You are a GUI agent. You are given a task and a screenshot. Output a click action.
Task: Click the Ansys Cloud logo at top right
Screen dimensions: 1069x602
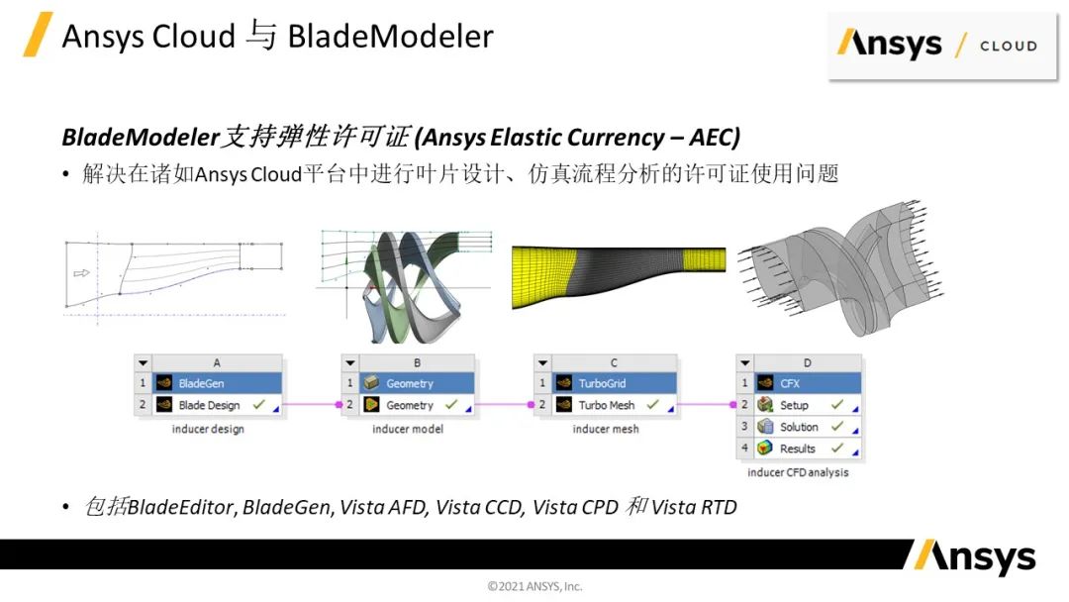(941, 45)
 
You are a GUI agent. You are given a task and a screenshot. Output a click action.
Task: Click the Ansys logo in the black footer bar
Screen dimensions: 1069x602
(975, 556)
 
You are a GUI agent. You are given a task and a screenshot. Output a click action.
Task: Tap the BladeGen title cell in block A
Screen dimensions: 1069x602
(216, 383)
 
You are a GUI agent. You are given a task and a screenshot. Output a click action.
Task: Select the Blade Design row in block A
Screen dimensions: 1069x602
(216, 405)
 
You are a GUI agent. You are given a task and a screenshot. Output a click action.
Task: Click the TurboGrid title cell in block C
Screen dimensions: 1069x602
(614, 383)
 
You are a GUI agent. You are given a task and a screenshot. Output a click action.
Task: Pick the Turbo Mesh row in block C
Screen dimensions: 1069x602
(614, 405)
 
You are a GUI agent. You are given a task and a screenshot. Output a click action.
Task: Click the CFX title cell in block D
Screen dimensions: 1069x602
(808, 383)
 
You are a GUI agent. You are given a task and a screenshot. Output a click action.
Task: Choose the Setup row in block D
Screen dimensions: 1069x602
(808, 405)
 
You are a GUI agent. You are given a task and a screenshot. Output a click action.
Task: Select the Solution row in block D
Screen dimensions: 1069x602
(808, 427)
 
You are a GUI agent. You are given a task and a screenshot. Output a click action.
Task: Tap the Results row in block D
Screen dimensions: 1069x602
(808, 449)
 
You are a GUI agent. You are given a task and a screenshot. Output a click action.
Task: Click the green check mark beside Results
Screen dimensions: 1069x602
(837, 448)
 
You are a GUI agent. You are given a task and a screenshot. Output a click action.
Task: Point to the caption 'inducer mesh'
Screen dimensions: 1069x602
(606, 429)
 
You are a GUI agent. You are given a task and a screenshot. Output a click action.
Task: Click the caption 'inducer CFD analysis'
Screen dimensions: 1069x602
(798, 472)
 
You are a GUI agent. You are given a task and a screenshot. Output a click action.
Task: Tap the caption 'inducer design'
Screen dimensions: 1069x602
(208, 429)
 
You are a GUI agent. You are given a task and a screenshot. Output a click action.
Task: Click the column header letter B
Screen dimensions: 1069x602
(417, 362)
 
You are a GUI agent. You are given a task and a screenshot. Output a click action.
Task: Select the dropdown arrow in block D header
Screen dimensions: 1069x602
(744, 362)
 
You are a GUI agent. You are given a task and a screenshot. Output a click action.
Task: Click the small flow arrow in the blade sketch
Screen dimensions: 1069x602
(81, 273)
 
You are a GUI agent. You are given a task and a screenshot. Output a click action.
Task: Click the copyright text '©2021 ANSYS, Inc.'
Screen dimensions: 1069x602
(534, 586)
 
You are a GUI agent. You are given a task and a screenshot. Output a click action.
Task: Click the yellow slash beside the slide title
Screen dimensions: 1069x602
(38, 34)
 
